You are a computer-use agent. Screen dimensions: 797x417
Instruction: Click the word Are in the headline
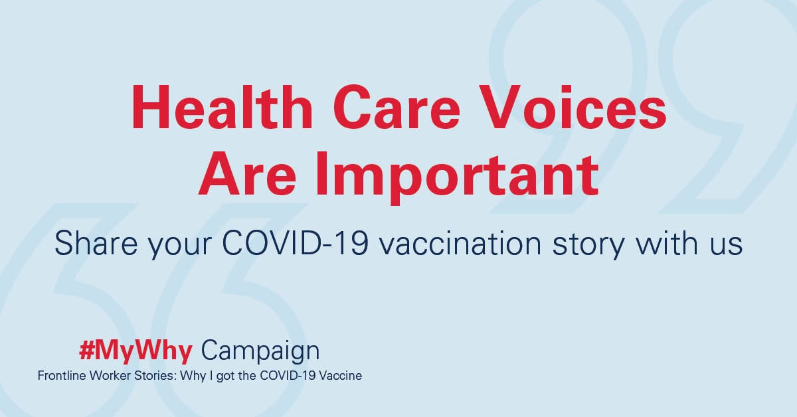pos(247,174)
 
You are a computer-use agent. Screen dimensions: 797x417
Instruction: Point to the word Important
pos(457,179)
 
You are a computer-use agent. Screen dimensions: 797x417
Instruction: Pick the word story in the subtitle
pos(588,246)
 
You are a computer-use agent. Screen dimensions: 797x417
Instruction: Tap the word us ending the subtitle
pos(727,246)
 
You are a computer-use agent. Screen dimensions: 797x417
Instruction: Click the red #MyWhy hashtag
pos(135,352)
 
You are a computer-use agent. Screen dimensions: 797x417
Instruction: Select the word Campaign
pos(260,352)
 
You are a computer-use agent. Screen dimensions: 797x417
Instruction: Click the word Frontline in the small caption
pos(62,376)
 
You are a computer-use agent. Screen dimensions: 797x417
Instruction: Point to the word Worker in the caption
pos(110,376)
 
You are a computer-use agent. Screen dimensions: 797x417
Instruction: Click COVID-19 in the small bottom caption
pos(288,376)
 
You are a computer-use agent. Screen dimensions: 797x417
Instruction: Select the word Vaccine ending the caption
pos(340,376)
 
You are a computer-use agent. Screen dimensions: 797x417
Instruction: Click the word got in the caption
pos(225,376)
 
